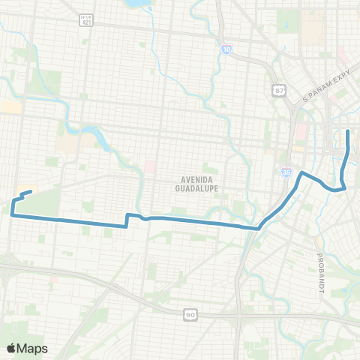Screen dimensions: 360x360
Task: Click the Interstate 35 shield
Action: point(287,172)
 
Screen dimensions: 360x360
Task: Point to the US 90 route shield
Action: point(190,315)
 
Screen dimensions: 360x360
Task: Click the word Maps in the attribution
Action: point(34,348)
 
